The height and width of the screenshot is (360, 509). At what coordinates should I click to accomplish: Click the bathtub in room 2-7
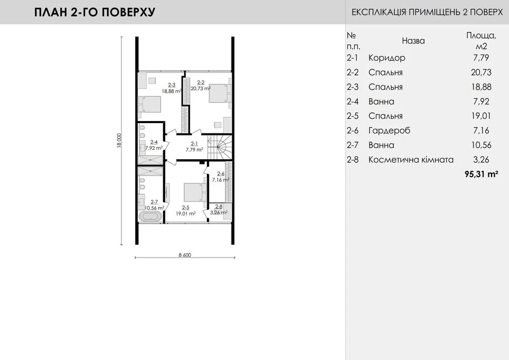pyautogui.click(x=150, y=217)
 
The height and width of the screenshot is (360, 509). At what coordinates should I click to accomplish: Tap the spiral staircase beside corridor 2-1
pyautogui.click(x=220, y=147)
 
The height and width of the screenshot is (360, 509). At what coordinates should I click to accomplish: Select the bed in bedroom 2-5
pyautogui.click(x=195, y=192)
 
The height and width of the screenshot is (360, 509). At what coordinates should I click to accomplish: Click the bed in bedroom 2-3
pyautogui.click(x=150, y=105)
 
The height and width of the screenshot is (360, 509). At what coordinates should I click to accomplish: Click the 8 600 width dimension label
pyautogui.click(x=185, y=255)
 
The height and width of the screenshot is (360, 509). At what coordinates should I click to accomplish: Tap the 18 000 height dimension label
pyautogui.click(x=119, y=141)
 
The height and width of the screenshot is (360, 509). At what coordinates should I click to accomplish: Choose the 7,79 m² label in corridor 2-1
pyautogui.click(x=195, y=149)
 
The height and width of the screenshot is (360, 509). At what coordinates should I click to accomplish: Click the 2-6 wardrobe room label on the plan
pyautogui.click(x=221, y=174)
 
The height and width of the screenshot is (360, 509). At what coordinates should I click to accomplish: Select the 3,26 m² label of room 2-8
pyautogui.click(x=218, y=213)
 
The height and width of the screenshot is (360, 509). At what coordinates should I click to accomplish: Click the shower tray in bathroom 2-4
pyautogui.click(x=150, y=160)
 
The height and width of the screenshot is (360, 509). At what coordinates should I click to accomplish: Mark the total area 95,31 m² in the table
pyautogui.click(x=481, y=174)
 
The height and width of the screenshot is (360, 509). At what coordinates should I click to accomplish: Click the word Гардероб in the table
pyautogui.click(x=389, y=131)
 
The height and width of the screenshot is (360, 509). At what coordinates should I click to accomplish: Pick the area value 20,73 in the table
pyautogui.click(x=481, y=72)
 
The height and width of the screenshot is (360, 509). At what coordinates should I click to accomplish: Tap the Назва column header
pyautogui.click(x=413, y=41)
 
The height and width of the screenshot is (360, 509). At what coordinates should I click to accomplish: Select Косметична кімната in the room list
pyautogui.click(x=411, y=160)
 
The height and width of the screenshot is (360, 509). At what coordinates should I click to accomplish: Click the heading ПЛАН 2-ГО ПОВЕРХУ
pyautogui.click(x=95, y=12)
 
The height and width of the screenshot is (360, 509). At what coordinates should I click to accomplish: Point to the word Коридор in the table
pyautogui.click(x=387, y=58)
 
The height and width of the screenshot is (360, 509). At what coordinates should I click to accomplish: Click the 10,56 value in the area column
pyautogui.click(x=481, y=145)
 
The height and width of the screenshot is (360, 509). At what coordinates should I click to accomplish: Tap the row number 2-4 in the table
pyautogui.click(x=353, y=101)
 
